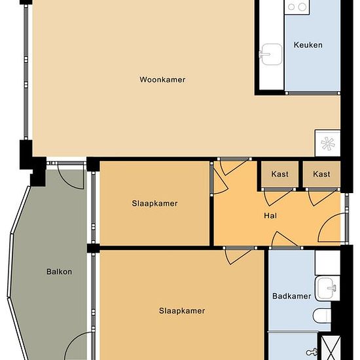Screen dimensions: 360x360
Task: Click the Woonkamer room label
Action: [162, 80]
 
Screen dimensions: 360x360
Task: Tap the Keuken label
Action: [308, 45]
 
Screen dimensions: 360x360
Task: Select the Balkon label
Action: [59, 272]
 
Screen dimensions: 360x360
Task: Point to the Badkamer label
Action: [291, 296]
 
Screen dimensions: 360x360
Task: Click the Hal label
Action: [270, 215]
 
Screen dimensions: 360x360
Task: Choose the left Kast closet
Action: [280, 174]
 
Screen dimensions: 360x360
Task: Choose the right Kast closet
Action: [321, 174]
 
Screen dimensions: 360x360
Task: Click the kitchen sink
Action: [271, 54]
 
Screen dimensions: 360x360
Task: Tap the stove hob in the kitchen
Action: [297, 7]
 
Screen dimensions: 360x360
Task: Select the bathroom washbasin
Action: [327, 289]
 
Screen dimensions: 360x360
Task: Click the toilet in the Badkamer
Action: [322, 315]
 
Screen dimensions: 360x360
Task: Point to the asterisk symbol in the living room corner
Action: [328, 144]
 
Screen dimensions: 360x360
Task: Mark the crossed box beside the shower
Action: [331, 348]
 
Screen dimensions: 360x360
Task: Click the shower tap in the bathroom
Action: [312, 352]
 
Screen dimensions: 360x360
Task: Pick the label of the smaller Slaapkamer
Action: [154, 204]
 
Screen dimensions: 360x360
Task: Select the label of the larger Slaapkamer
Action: [182, 311]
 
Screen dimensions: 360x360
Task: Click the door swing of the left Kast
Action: [278, 197]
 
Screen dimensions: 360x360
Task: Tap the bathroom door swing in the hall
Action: [285, 240]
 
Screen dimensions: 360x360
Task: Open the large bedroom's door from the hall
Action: [239, 256]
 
